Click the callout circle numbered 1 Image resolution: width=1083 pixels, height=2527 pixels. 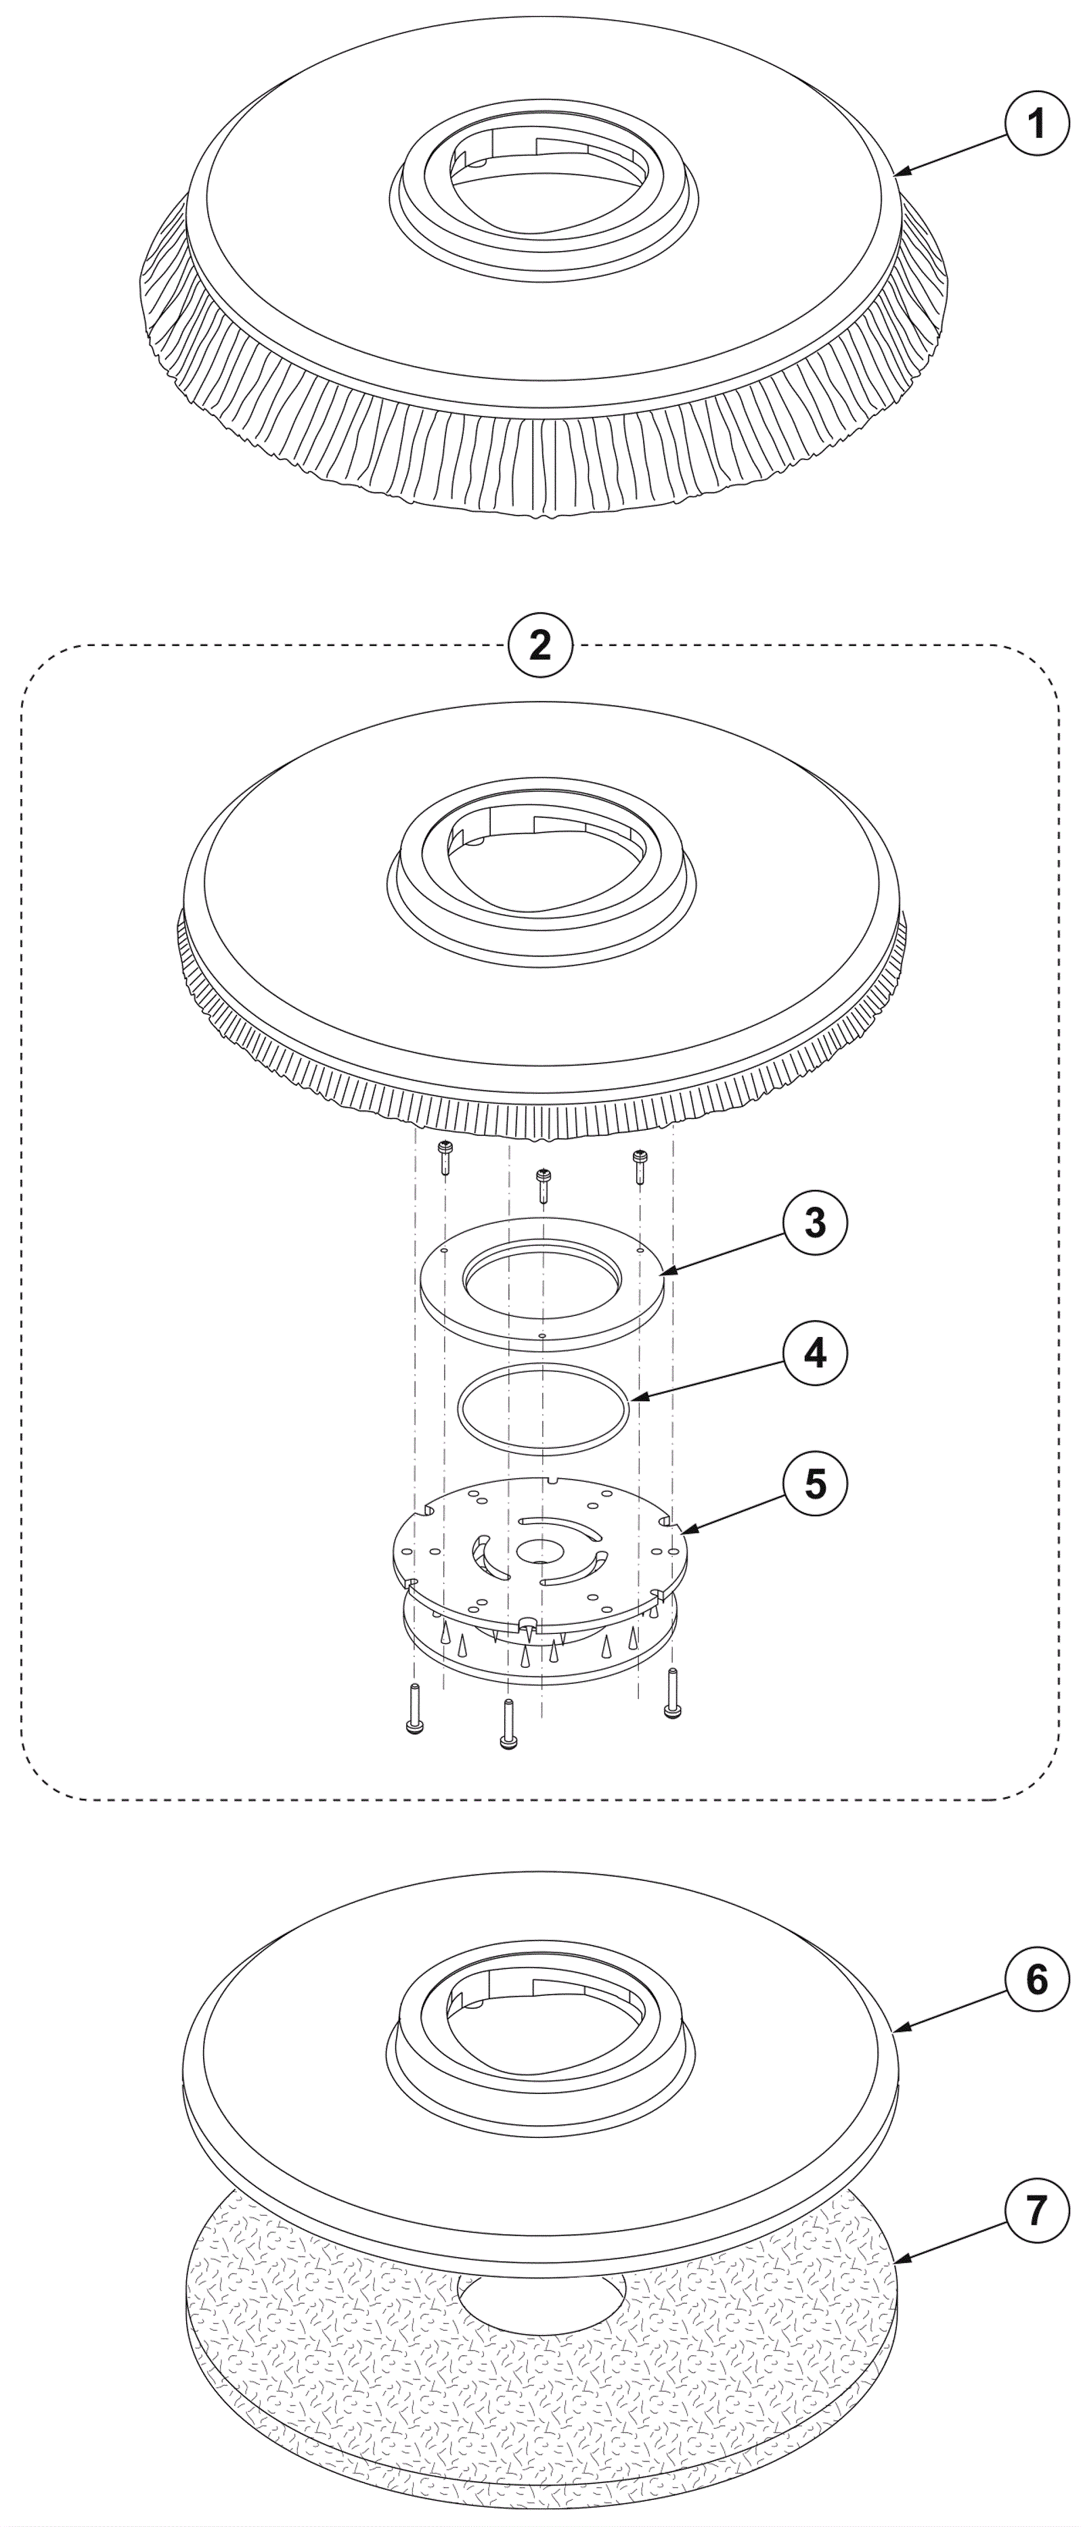coord(1037,124)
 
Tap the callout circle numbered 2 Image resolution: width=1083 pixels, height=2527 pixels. coord(541,645)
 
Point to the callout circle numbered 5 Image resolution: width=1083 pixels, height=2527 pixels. coord(815,1484)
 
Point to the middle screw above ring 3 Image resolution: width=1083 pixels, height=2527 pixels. coord(542,1186)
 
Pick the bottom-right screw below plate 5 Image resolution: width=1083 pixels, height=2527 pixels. coord(673,1692)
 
